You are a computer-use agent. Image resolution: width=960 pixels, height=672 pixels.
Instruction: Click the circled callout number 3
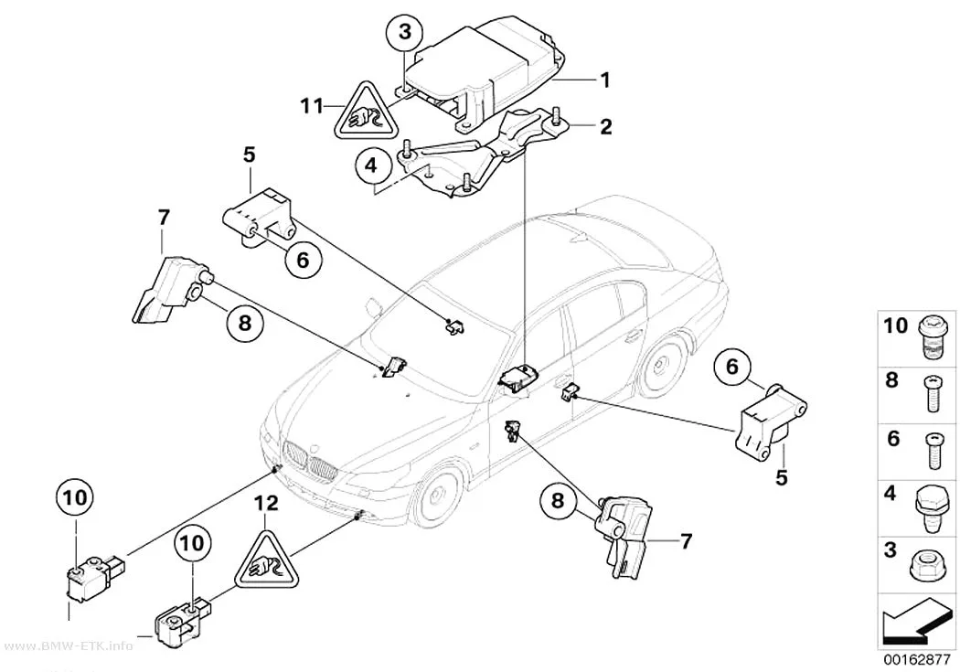pos(405,32)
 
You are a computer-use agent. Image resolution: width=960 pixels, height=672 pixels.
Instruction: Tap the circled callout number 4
pos(370,165)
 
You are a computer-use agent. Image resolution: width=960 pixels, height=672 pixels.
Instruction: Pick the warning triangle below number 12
pos(266,562)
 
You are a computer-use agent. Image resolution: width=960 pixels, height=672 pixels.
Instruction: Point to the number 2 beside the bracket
pos(605,127)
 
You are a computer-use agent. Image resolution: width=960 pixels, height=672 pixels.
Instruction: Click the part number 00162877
pos(916,660)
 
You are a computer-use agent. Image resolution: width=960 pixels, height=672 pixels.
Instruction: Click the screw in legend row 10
pos(933,337)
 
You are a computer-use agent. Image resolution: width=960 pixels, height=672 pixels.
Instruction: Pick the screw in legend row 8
pos(932,394)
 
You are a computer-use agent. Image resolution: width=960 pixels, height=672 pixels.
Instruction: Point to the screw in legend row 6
pos(933,451)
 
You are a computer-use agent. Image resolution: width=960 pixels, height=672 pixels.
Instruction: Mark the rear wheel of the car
pos(659,367)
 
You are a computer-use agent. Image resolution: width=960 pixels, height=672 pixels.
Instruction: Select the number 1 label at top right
pos(605,80)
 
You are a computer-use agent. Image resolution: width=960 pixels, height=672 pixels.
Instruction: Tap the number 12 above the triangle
pos(266,503)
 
